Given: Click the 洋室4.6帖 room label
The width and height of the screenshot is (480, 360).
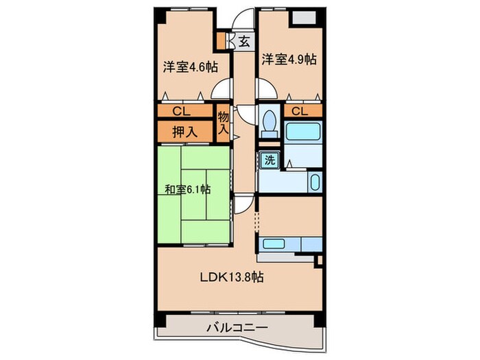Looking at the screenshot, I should click(190, 67).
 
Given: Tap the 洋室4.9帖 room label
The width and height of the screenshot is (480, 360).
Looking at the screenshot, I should click(288, 60).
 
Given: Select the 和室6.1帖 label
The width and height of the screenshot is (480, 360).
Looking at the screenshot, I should click(187, 190).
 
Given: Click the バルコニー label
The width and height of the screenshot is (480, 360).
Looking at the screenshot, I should click(236, 327).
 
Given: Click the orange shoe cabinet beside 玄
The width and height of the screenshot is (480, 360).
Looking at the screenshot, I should click(221, 40).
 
